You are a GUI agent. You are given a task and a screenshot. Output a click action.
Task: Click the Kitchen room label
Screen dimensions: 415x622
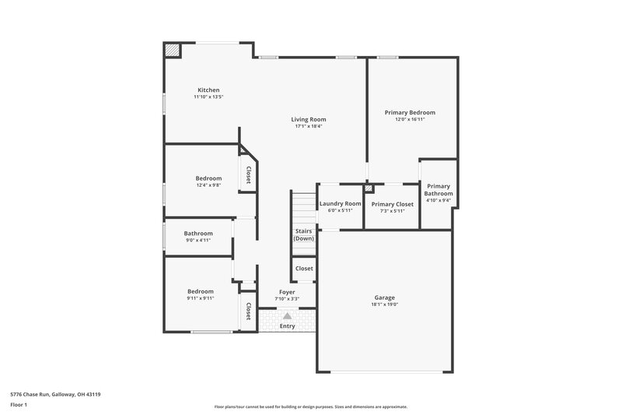tap(208, 90)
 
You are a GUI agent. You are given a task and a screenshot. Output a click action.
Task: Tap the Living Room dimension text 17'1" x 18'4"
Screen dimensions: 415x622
tap(309, 126)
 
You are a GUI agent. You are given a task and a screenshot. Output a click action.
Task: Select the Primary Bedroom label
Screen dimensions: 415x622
tap(410, 112)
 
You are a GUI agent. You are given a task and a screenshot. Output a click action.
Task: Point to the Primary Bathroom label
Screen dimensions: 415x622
tap(439, 190)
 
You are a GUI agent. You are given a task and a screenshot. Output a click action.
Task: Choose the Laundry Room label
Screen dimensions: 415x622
tap(341, 204)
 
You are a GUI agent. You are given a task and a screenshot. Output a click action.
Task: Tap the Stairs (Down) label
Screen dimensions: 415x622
tap(303, 234)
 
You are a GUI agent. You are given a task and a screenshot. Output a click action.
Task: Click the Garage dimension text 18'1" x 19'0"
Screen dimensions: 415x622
tap(384, 304)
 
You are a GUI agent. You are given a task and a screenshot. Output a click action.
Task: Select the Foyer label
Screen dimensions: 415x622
tap(287, 292)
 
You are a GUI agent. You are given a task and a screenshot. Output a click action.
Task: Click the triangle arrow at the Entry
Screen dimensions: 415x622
tap(287, 315)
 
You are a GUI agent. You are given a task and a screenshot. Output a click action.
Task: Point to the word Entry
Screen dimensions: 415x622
tap(288, 326)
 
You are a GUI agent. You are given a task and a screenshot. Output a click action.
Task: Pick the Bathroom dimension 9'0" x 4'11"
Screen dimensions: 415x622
tap(198, 241)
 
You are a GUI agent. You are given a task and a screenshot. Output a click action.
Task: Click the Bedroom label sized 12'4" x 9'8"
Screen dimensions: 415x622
tap(208, 178)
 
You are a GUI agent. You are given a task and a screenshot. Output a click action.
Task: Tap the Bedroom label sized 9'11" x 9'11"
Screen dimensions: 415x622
tap(200, 291)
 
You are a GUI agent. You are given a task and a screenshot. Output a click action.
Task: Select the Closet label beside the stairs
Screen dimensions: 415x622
tap(304, 269)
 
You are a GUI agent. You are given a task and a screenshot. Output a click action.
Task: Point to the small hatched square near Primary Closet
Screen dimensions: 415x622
tap(369, 188)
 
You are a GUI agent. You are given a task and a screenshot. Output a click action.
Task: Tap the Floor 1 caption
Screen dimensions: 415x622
tap(19, 406)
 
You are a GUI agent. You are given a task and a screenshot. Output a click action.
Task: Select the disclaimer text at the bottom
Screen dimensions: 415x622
tap(311, 406)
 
